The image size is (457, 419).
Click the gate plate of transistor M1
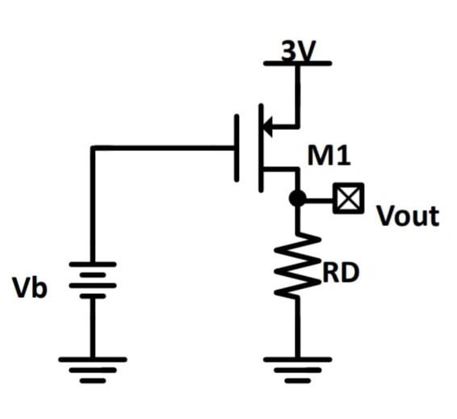[x=237, y=148]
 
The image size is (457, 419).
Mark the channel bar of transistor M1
[x=261, y=148]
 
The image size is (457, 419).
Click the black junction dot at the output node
[x=298, y=198]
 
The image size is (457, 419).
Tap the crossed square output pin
[x=349, y=198]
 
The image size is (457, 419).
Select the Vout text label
[x=408, y=216]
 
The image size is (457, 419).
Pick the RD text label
[x=340, y=274]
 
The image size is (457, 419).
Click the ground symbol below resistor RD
[x=298, y=367]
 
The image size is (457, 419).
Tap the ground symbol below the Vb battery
[x=92, y=367]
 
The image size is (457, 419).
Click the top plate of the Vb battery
[x=92, y=264]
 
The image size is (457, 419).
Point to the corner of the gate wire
[x=92, y=148]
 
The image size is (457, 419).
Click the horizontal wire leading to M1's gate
[x=161, y=148]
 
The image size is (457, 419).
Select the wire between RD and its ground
[x=298, y=327]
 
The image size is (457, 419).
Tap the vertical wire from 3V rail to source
[x=298, y=93]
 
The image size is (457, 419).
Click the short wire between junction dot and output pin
[x=320, y=198]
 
